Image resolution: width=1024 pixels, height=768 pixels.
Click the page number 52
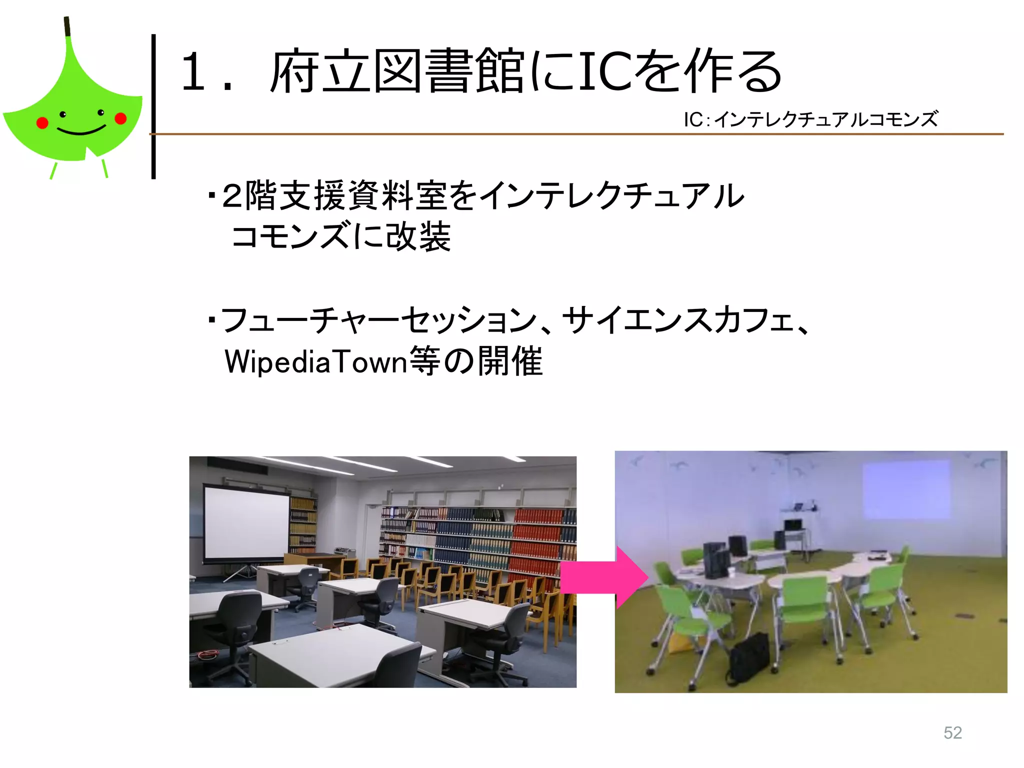(x=952, y=732)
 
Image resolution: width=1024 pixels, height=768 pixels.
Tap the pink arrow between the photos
(x=602, y=577)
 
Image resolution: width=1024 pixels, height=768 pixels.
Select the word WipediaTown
(x=316, y=361)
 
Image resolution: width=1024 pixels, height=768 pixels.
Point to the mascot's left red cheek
(x=42, y=122)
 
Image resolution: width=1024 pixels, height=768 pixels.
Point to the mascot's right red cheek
(x=120, y=118)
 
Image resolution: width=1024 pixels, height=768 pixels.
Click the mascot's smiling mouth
(x=81, y=131)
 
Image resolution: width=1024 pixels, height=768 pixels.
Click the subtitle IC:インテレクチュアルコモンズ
(x=810, y=119)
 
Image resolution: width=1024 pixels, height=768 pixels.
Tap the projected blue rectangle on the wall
(x=906, y=489)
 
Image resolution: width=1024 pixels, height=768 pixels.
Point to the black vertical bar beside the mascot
(x=153, y=106)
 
